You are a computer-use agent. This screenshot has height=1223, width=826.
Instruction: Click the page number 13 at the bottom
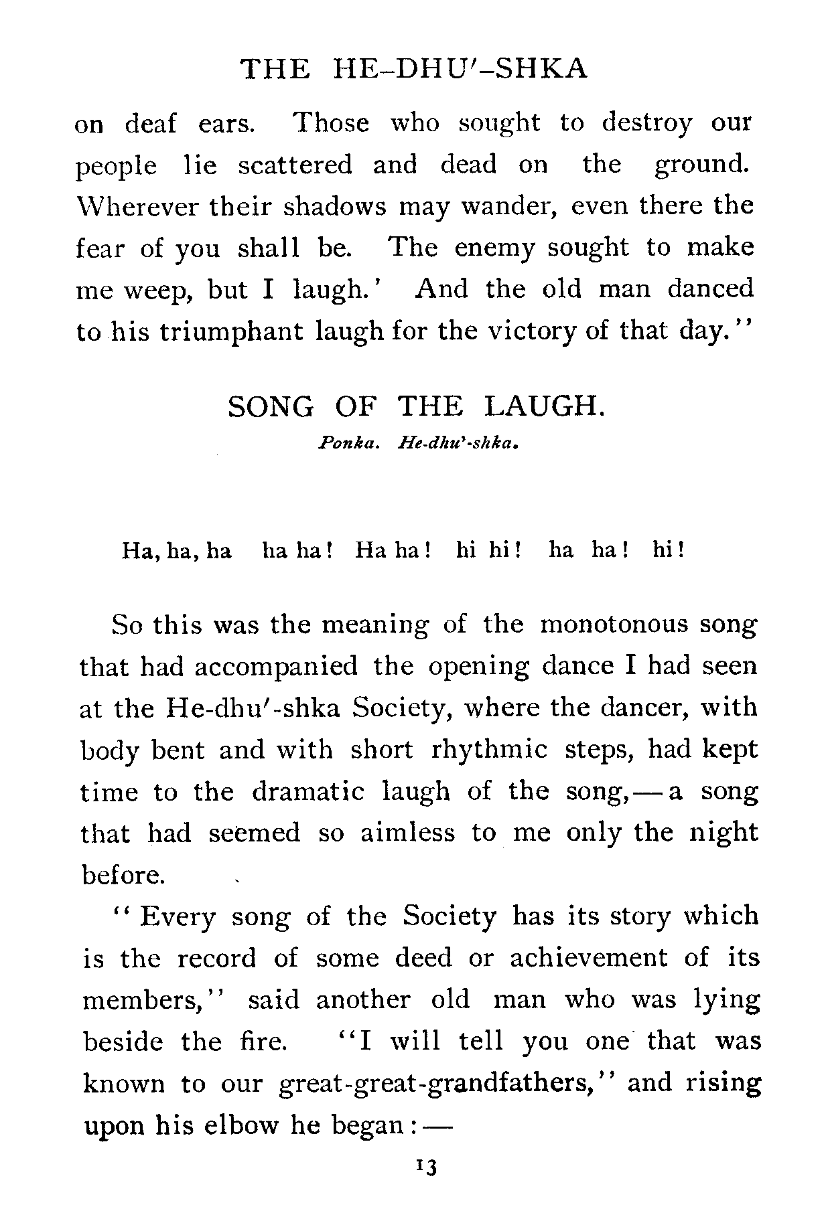[426, 1186]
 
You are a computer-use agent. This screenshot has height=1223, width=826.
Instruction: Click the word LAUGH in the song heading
[544, 406]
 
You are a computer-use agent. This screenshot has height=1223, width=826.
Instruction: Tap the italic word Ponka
[351, 443]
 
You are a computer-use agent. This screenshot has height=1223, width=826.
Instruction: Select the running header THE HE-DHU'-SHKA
[413, 69]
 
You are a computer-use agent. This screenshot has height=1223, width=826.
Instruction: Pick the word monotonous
[614, 625]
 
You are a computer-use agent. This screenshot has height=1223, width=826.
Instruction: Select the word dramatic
[308, 791]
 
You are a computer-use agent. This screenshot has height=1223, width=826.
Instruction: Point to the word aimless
[409, 833]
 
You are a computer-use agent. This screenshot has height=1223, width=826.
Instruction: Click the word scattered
[295, 165]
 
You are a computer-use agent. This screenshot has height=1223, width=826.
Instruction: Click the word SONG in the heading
[271, 406]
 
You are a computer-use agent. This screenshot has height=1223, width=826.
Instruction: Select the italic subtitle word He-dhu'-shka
[460, 443]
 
